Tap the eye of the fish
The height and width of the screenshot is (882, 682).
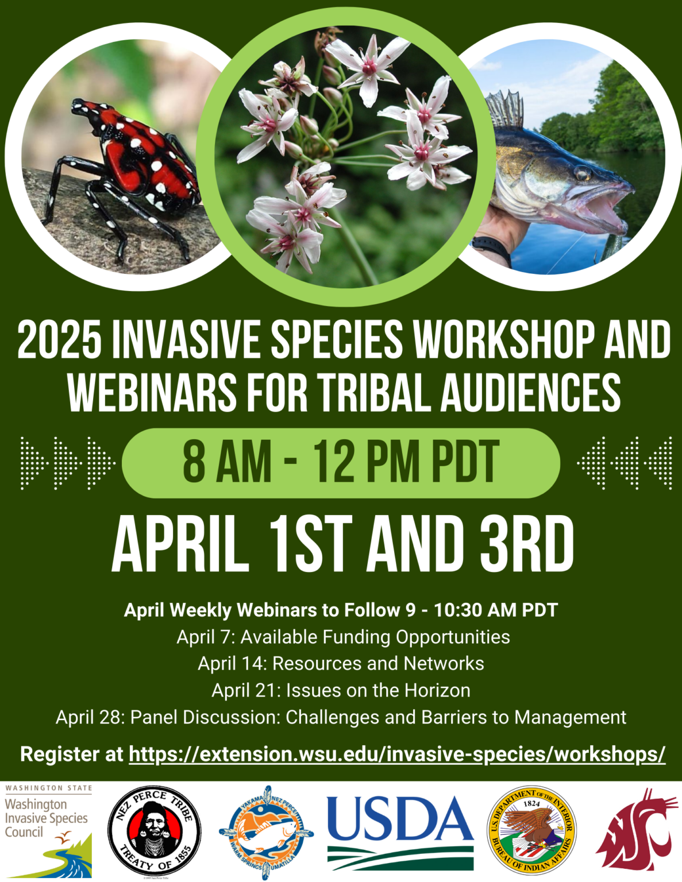tap(581, 172)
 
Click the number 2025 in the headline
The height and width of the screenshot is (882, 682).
tap(60, 341)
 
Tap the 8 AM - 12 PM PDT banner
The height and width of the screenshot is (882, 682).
tap(341, 463)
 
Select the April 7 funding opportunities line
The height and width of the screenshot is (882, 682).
tap(343, 637)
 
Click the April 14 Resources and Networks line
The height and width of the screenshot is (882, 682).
tap(341, 664)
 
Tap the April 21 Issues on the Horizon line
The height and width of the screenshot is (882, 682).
tap(341, 690)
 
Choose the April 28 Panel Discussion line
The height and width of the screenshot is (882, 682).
tap(341, 717)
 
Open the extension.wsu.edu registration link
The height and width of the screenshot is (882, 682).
tap(397, 754)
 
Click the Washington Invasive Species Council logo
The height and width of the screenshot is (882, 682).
tap(48, 830)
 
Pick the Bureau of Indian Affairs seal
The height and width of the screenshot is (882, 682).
tap(531, 830)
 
